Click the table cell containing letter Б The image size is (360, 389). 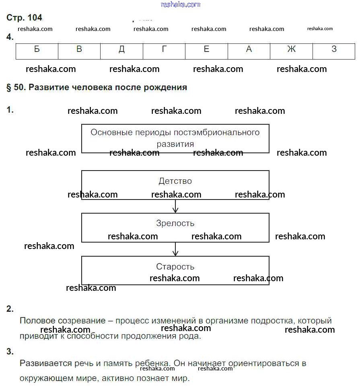(37, 49)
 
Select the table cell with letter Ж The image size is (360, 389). (291, 49)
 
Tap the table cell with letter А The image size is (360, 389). (249, 49)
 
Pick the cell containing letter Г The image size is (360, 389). (164, 49)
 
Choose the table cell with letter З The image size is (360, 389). (334, 49)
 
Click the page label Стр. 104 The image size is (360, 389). (25, 18)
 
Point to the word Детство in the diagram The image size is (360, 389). (175, 181)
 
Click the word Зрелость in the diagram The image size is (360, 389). (175, 223)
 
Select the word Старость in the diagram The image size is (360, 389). (175, 267)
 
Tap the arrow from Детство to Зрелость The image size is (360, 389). (175, 206)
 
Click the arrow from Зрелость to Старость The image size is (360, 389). (175, 249)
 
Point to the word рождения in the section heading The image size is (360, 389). (166, 87)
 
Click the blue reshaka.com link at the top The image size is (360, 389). (180, 4)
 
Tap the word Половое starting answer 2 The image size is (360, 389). (36, 321)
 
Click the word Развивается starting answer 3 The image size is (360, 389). (42, 364)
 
